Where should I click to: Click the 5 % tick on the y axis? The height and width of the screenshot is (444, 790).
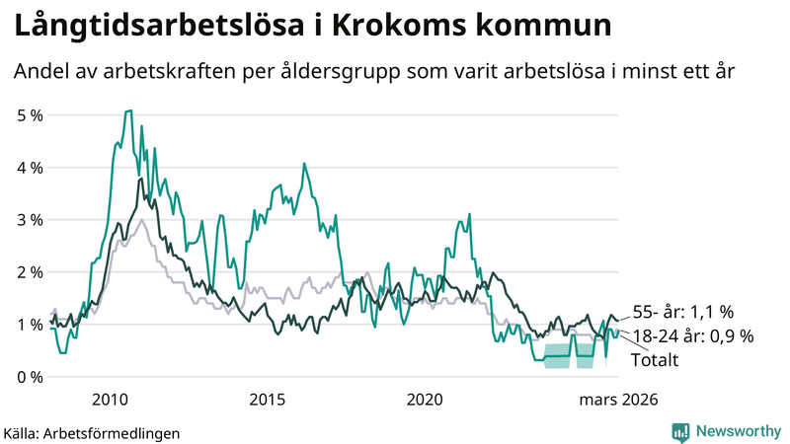click(x=29, y=115)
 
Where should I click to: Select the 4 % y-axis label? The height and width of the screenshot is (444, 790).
click(x=29, y=168)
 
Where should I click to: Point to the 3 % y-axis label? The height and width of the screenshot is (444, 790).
click(x=29, y=220)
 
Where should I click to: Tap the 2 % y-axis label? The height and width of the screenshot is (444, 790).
click(x=29, y=272)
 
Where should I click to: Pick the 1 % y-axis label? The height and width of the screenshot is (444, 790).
click(x=29, y=325)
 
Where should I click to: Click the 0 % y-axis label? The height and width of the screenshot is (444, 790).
click(x=29, y=377)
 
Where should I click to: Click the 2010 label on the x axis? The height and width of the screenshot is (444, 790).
click(x=110, y=400)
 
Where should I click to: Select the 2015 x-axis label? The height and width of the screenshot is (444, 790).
click(x=268, y=400)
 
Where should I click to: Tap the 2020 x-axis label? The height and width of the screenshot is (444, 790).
click(x=426, y=400)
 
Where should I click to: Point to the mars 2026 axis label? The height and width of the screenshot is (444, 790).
click(x=617, y=400)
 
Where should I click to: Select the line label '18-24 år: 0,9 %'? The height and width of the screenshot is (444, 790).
click(x=692, y=336)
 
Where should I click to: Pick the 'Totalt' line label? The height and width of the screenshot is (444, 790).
click(x=656, y=360)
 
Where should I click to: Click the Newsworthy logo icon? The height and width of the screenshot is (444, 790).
click(x=680, y=431)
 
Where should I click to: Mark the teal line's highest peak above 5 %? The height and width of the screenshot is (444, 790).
click(x=128, y=111)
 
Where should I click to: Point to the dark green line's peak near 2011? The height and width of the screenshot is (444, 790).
click(x=140, y=179)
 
